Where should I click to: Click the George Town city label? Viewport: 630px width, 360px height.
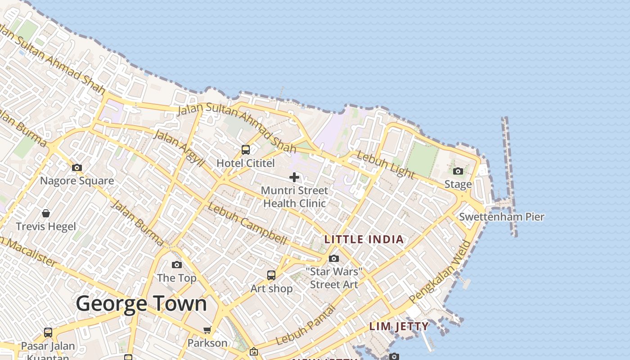point(141,304)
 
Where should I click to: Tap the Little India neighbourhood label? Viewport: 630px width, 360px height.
point(364,239)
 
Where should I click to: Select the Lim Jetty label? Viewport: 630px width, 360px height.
point(399,326)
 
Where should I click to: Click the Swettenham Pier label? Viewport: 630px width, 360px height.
point(501,217)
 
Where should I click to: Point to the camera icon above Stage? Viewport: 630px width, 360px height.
point(458,171)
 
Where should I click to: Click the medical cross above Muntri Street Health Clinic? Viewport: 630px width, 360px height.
point(294,177)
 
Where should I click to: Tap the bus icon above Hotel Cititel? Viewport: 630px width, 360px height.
point(246,150)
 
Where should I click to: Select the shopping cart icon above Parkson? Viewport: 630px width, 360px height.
point(207,330)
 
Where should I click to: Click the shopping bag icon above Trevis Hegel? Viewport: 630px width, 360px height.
point(46,213)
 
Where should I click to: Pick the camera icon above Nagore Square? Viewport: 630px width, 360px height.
point(77,168)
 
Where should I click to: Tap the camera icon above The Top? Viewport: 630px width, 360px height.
point(177,265)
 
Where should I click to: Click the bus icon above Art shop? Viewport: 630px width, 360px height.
point(271,275)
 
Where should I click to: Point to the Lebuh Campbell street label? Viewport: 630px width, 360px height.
point(247,224)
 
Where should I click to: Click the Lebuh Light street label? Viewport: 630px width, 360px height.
point(385,165)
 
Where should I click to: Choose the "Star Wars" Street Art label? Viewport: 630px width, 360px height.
point(334,278)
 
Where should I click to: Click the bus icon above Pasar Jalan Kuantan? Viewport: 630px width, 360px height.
point(48,333)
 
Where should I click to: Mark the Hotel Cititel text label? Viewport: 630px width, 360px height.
point(246,163)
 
